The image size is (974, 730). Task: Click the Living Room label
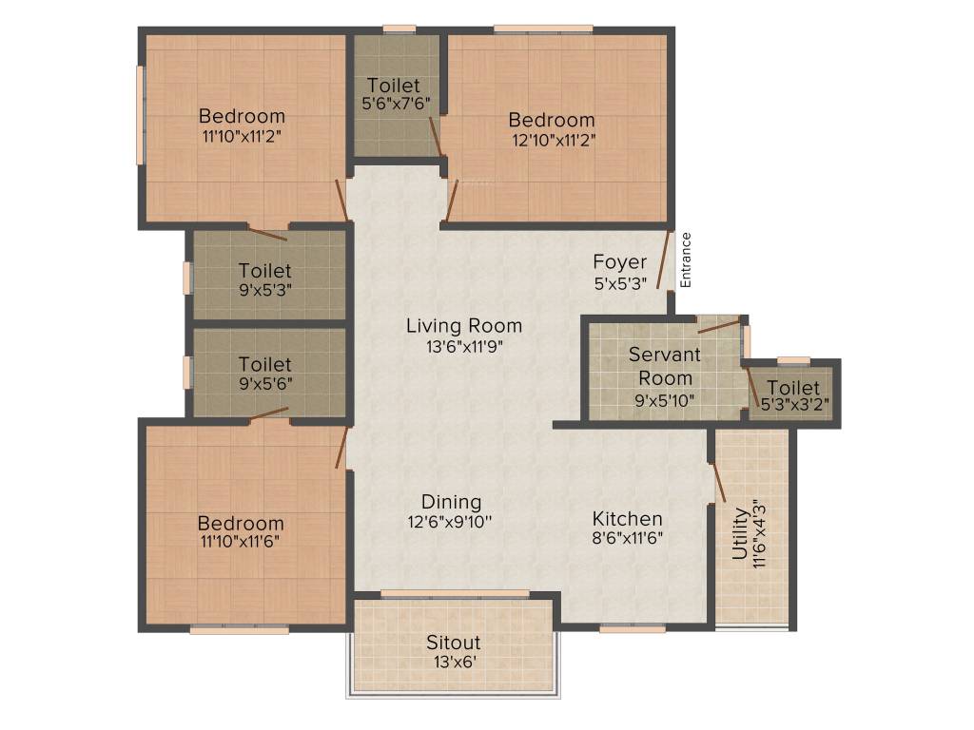coord(463,326)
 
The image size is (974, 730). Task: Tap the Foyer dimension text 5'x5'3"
coord(620,282)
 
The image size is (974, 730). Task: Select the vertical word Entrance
coord(686,260)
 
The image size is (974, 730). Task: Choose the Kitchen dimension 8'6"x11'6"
coord(627,537)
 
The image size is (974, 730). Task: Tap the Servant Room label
coord(664,366)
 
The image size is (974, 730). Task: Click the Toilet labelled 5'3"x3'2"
coord(793,388)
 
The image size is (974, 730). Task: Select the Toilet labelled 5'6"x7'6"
coord(393,86)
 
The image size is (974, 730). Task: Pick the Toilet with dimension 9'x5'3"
coord(265,271)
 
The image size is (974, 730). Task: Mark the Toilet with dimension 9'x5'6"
coord(265,364)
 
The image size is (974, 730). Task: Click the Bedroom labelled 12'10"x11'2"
coord(552,120)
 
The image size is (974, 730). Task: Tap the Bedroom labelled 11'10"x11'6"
coord(241,523)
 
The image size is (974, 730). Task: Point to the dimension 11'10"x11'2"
coord(242,136)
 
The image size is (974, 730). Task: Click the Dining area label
coord(452,502)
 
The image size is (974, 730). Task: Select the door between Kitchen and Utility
coord(719,482)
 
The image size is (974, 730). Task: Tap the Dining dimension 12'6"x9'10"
coord(452,521)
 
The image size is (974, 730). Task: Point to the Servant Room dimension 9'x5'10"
coord(664,400)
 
